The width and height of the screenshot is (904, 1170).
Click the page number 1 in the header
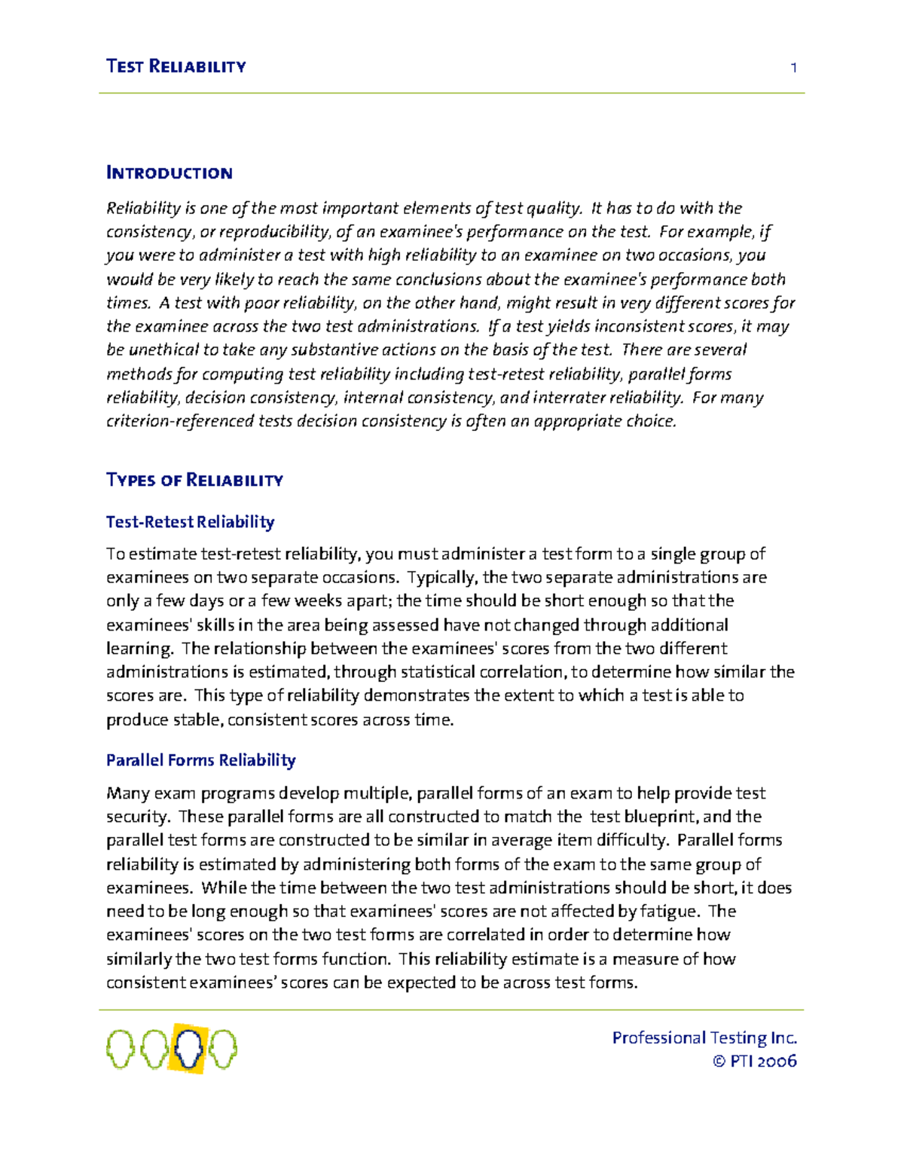point(793,68)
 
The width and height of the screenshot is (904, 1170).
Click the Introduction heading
point(169,173)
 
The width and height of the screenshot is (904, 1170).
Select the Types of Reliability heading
point(194,480)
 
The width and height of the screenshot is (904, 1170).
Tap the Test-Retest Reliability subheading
point(190,521)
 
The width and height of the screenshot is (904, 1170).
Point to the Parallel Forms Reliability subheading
point(200,760)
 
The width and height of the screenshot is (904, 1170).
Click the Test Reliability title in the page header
point(176,66)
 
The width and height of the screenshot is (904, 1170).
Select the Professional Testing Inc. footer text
point(704,1037)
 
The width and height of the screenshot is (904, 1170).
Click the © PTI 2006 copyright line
point(754,1061)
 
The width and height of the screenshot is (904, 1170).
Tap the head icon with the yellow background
point(188,1048)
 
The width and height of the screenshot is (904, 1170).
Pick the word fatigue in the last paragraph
point(667,912)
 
